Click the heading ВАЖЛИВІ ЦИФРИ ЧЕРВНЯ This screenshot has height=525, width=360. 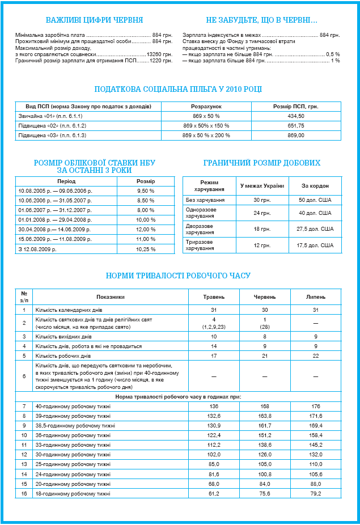pyautogui.click(x=94, y=19)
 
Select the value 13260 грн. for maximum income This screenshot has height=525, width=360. pyautogui.click(x=159, y=54)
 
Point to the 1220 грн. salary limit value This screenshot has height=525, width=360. pyautogui.click(x=161, y=60)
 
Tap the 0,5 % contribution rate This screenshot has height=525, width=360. pyautogui.click(x=333, y=54)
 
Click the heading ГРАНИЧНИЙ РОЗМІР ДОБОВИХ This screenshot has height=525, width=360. pyautogui.click(x=261, y=163)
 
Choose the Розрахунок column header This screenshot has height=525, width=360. pyautogui.click(x=205, y=107)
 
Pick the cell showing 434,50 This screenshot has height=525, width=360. pyautogui.click(x=296, y=116)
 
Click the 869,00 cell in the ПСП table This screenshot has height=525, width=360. pyautogui.click(x=296, y=136)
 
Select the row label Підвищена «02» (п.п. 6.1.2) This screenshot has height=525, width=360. pyautogui.click(x=52, y=126)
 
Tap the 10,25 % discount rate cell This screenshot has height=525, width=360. pyautogui.click(x=146, y=249)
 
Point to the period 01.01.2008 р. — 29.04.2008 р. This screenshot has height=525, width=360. pyautogui.click(x=55, y=219)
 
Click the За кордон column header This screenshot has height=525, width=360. pyautogui.click(x=315, y=186)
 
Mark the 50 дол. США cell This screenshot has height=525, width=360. pyautogui.click(x=315, y=200)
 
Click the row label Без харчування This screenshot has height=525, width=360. pyautogui.click(x=205, y=200)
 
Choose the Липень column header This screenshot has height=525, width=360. pyautogui.click(x=316, y=297)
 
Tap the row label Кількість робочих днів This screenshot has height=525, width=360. pyautogui.click(x=62, y=355)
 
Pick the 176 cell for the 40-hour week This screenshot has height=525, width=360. pyautogui.click(x=316, y=407)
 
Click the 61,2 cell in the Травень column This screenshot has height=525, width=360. pyautogui.click(x=214, y=494)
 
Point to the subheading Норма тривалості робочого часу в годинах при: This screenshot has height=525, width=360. pyautogui.click(x=179, y=397)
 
